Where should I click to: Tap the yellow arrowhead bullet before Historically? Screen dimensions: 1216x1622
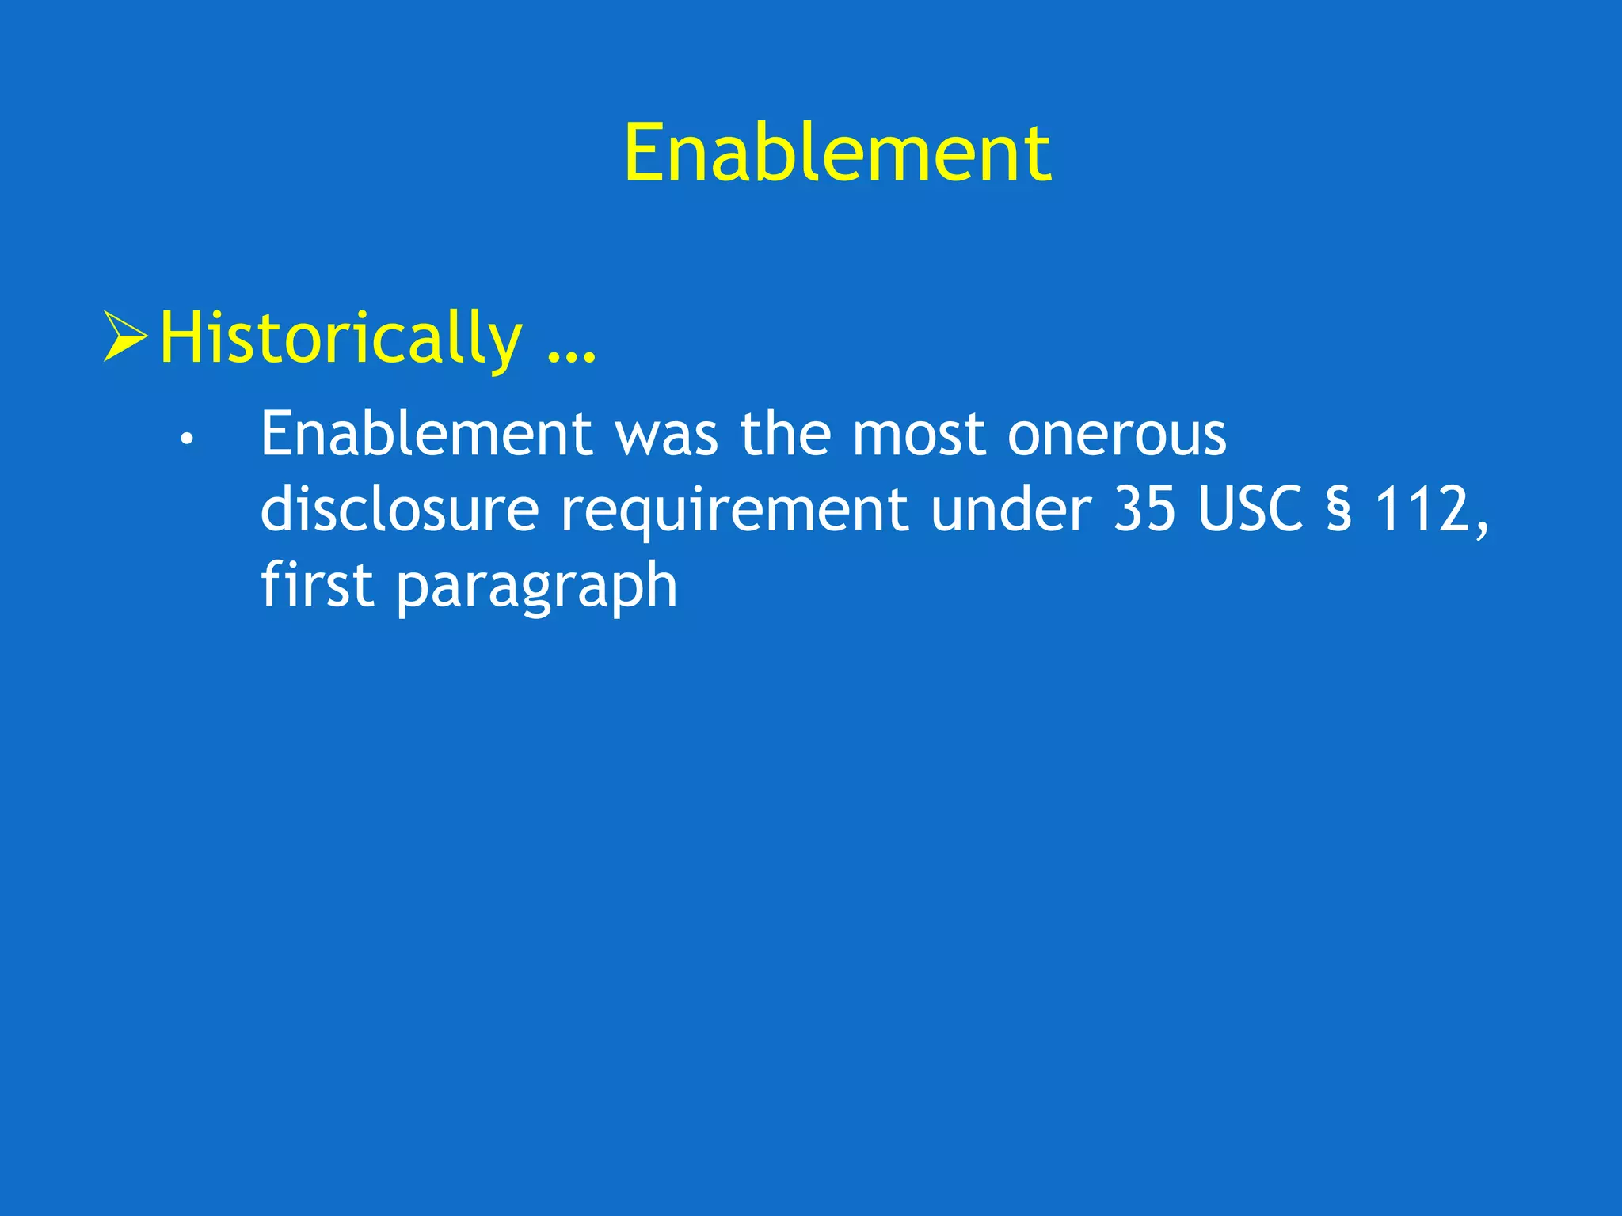125,337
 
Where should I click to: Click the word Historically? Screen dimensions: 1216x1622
341,339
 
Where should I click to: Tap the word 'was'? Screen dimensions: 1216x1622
667,435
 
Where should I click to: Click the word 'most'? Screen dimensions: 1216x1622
919,435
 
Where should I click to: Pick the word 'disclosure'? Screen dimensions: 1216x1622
399,510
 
